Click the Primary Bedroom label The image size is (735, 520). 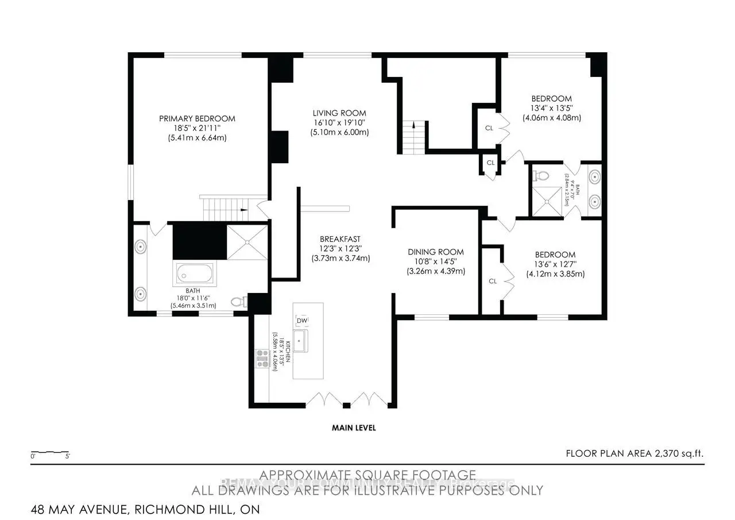(197, 118)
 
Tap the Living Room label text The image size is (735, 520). (339, 113)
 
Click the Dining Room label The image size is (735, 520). (435, 252)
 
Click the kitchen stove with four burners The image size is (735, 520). (262, 359)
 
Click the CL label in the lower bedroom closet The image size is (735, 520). (492, 281)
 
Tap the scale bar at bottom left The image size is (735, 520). (50, 453)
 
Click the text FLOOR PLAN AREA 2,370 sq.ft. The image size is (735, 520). (634, 453)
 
